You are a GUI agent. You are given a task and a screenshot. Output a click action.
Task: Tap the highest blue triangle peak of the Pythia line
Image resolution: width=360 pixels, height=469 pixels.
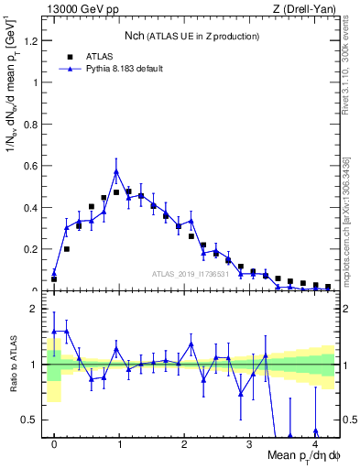click(x=116, y=171)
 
